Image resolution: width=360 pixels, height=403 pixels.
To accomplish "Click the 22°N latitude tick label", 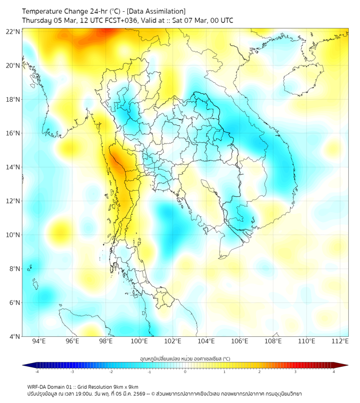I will click(13, 31).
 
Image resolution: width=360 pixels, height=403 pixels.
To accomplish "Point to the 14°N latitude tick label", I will click(13, 167).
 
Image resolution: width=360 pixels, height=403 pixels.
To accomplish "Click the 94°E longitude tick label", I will click(39, 341).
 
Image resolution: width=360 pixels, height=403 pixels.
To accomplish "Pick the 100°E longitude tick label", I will click(139, 341).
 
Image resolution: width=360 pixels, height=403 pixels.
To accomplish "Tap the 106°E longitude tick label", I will click(240, 341).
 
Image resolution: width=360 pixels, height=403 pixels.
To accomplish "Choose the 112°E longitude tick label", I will click(340, 341).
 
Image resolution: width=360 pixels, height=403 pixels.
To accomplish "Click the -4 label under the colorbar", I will click(36, 372).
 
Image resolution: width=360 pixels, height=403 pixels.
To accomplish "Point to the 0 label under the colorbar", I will click(185, 372).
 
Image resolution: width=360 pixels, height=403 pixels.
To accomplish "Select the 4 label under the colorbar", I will click(334, 372).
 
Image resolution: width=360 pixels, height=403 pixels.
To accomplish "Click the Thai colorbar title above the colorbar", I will click(185, 358).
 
